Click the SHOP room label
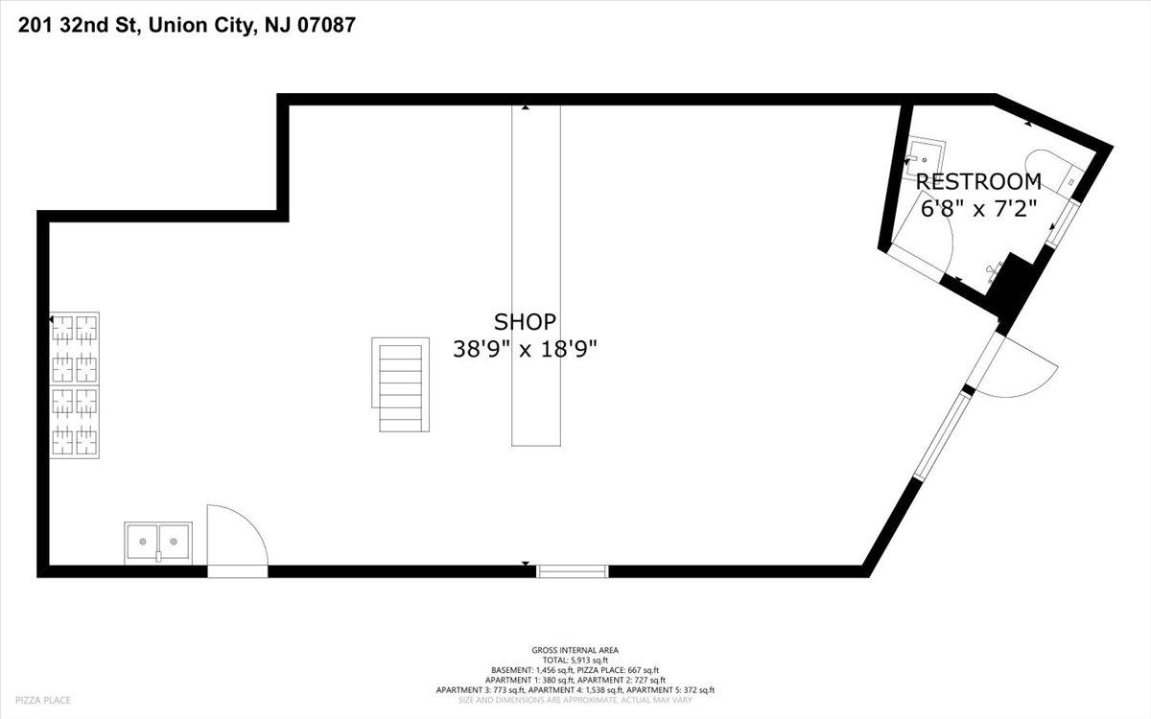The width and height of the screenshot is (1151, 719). (x=525, y=322)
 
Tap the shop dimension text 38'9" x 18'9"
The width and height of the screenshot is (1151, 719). (x=525, y=350)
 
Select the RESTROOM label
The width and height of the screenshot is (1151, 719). (x=978, y=182)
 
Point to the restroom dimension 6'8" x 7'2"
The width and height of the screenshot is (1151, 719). (x=978, y=209)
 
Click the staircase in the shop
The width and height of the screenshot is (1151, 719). (x=401, y=384)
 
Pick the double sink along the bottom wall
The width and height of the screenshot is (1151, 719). (x=158, y=543)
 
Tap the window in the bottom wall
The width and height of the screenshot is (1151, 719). (x=573, y=571)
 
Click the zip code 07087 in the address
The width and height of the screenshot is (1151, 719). (x=327, y=25)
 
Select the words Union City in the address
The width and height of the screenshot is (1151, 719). (x=202, y=26)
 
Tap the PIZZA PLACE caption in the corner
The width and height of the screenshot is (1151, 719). (x=43, y=700)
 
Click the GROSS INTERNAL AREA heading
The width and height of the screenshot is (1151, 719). (x=575, y=650)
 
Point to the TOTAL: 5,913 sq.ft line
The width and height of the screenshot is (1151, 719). (x=575, y=660)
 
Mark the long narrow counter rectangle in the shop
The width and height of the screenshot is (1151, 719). (x=536, y=275)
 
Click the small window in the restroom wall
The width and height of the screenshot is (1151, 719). (x=1062, y=223)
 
